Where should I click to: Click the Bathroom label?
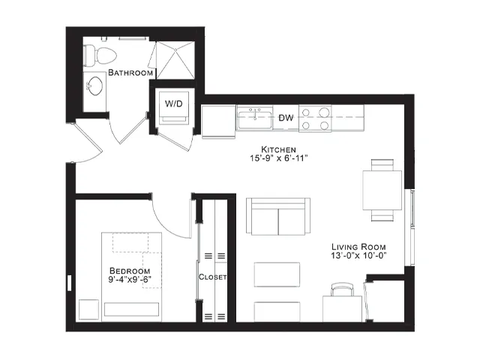pos(130,73)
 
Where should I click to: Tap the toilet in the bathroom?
pos(100,55)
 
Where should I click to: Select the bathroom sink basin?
pos(95,85)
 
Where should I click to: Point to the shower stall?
pos(175,60)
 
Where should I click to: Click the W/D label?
pos(173,103)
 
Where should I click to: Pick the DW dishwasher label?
pos(286,118)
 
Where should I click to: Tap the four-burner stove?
pos(315,118)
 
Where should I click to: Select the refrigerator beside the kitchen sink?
pos(218,121)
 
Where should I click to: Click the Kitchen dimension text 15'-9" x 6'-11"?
pos(278,158)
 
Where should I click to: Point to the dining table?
pos(382,190)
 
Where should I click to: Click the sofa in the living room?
pos(278,217)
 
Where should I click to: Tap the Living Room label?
pos(358,247)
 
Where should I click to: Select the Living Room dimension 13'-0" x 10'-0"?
pos(358,255)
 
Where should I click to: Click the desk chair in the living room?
pos(342,289)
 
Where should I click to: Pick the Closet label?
pos(213,277)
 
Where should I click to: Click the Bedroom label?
pos(130,271)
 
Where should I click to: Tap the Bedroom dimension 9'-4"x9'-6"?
pos(130,279)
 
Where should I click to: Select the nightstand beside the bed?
pos(88,310)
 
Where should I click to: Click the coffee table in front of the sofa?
pos(277,274)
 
